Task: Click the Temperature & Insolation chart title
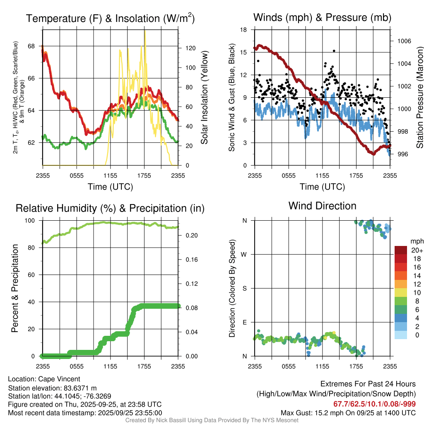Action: point(110,19)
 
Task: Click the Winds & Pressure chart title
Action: point(322,17)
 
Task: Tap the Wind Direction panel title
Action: point(322,206)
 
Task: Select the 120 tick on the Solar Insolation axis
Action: point(190,48)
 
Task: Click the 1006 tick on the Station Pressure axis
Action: point(403,41)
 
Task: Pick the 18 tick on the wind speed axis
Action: point(244,30)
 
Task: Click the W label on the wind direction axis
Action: point(245,254)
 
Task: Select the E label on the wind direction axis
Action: point(245,322)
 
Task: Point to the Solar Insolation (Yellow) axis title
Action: point(204,98)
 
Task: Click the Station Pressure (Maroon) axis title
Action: point(419,98)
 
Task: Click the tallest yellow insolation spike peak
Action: point(145,31)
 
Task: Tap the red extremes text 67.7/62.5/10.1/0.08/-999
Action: point(374,404)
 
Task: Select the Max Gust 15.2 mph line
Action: point(348,412)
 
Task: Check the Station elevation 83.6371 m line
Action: point(52,388)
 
